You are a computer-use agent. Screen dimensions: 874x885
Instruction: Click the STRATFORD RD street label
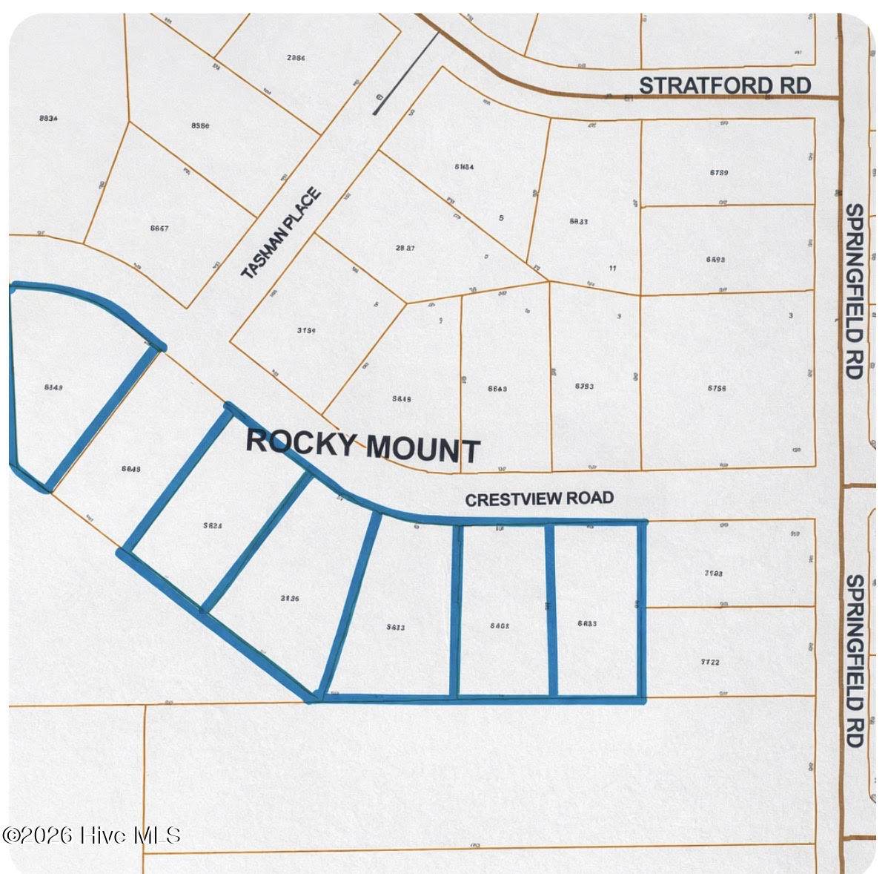(724, 85)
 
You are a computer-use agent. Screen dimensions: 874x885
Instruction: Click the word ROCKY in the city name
(300, 441)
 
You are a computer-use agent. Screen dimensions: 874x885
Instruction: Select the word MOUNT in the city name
(423, 449)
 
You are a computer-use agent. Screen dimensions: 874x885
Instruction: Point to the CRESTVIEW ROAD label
(539, 499)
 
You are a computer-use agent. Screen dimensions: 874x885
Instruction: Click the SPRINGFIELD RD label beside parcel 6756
(855, 291)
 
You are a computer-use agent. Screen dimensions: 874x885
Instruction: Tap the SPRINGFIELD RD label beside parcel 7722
(855, 660)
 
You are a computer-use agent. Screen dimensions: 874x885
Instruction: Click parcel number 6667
(159, 228)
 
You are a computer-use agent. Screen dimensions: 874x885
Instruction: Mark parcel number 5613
(396, 627)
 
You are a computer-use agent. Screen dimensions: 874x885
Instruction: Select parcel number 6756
(717, 387)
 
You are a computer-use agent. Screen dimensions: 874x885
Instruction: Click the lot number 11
(611, 268)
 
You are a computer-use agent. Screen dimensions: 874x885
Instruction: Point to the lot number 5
(502, 218)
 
